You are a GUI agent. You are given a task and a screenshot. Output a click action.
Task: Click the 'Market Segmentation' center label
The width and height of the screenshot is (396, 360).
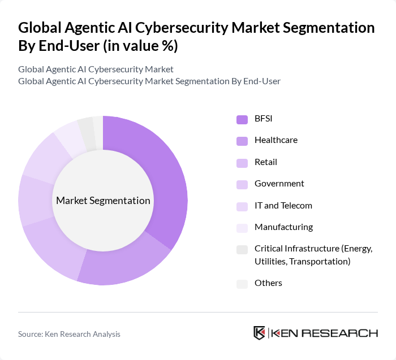coord(103,201)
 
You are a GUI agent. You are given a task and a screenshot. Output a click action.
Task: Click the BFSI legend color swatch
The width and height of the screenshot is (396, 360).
coord(242,119)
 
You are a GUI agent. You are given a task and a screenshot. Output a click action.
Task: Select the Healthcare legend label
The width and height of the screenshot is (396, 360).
coord(276,140)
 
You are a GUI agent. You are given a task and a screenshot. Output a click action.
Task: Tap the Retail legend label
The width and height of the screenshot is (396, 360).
coord(265,162)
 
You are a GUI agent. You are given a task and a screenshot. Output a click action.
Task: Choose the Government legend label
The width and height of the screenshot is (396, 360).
coord(279,184)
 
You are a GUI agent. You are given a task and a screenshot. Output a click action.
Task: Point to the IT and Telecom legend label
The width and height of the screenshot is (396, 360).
coord(283,206)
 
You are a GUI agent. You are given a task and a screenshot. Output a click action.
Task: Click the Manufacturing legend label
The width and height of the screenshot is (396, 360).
coord(283,227)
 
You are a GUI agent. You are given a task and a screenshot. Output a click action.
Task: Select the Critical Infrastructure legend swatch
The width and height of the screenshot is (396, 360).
coord(242,250)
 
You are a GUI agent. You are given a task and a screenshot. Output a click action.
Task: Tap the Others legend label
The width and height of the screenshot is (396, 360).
coord(268,283)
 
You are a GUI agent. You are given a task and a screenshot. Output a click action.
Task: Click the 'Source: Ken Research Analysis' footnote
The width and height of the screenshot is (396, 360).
coord(69,334)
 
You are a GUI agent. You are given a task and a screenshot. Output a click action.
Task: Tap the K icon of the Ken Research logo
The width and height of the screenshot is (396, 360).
coord(259,333)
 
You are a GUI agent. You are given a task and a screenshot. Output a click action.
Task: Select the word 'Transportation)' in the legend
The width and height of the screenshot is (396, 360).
coord(322,261)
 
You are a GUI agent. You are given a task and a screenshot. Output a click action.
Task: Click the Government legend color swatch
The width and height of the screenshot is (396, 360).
coord(242,184)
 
